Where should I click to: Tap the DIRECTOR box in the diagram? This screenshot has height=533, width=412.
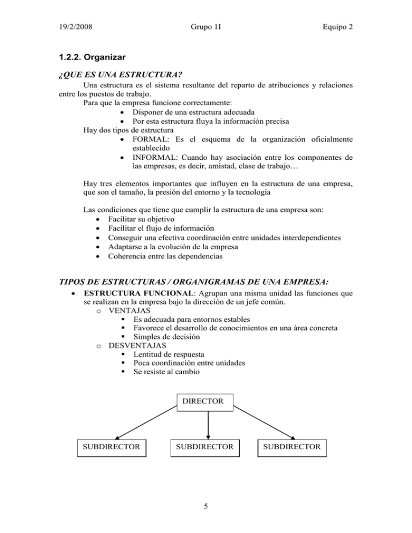(x=208, y=402)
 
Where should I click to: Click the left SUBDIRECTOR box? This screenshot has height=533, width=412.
(x=112, y=447)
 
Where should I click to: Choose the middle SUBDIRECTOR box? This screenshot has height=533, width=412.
(x=208, y=447)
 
